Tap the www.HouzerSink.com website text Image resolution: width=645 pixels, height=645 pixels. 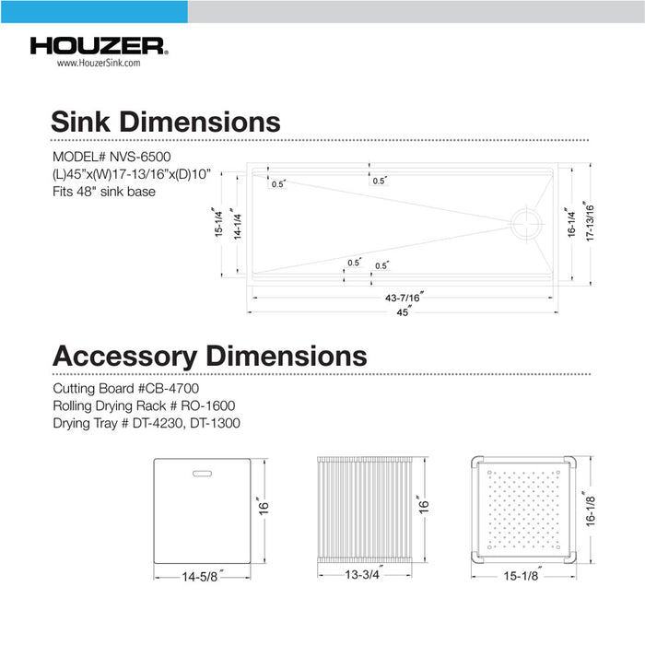pos(98,64)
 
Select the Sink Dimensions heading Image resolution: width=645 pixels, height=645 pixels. pos(166,122)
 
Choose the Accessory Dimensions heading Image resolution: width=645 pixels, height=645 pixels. pos(209,356)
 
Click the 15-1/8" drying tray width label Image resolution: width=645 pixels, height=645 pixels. pos(522,578)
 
